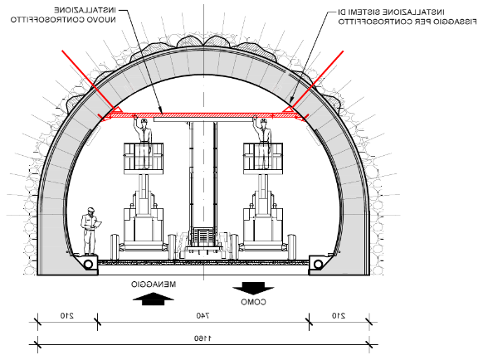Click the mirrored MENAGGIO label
point(154,285)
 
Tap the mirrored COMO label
point(253,302)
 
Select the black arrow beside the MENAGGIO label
point(153,299)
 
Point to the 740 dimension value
point(203,316)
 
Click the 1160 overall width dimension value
point(203,338)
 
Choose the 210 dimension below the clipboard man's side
point(67,316)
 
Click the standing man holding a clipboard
point(90,231)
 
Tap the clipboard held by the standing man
point(98,224)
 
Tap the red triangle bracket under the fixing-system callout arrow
point(288,109)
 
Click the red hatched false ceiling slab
point(202,115)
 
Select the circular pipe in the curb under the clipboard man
point(89,264)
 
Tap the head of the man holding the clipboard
point(90,211)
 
